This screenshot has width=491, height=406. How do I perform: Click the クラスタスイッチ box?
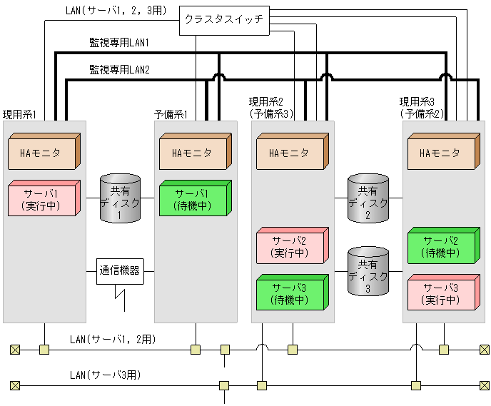223,21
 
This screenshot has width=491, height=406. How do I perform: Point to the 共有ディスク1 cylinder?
120,198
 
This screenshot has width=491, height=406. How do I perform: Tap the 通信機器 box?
119,271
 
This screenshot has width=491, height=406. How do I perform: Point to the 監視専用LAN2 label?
119,70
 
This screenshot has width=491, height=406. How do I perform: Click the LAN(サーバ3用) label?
105,375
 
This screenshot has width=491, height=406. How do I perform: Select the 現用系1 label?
19,114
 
